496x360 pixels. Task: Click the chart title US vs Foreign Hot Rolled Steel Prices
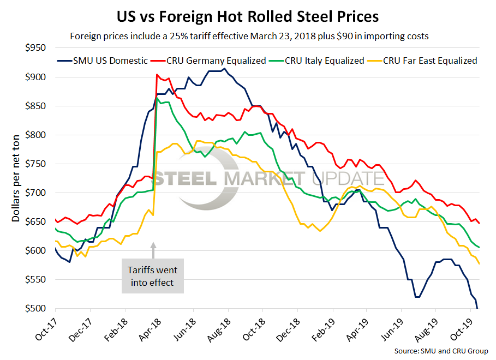pos(248,16)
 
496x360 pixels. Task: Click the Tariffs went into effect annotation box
pos(152,277)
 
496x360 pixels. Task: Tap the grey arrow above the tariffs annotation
pos(153,250)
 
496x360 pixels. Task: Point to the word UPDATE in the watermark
pos(348,179)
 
